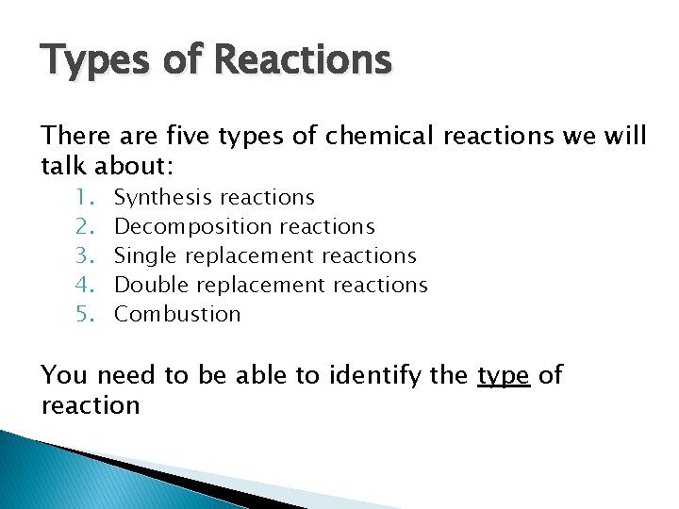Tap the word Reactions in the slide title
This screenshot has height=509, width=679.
[303, 60]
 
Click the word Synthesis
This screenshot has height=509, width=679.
[162, 198]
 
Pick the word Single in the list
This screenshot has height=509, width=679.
[146, 256]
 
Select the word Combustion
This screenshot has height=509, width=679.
[177, 314]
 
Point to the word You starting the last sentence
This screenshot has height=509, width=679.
[64, 375]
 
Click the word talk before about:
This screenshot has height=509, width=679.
[64, 167]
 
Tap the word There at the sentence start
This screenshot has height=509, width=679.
[76, 137]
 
